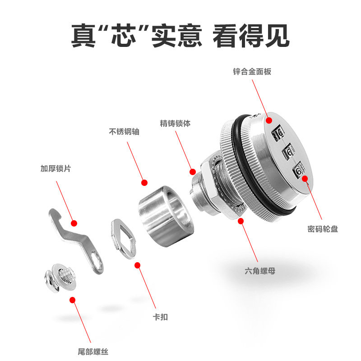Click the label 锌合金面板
click(252, 72)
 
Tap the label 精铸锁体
click(175, 123)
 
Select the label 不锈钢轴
click(124, 132)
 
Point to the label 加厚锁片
click(56, 168)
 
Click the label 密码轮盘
click(323, 229)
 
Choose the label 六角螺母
click(260, 271)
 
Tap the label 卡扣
click(160, 317)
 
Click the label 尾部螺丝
click(93, 352)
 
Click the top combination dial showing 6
click(278, 133)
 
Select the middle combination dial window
click(288, 152)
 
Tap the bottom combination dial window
click(298, 171)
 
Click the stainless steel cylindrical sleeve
click(166, 216)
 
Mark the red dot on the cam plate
click(74, 223)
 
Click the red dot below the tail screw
click(73, 300)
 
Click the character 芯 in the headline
click(123, 35)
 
